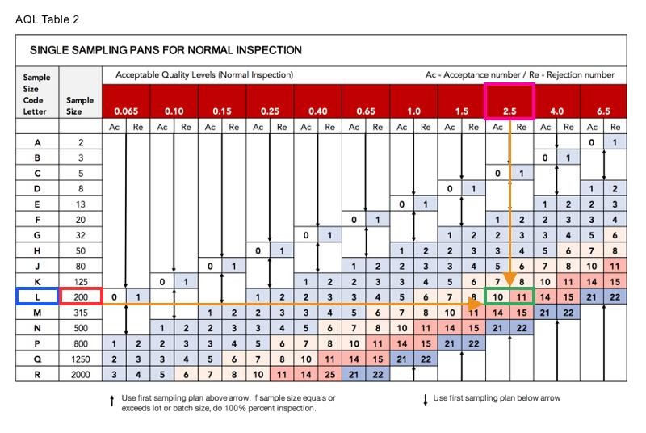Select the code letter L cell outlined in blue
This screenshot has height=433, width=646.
[37, 297]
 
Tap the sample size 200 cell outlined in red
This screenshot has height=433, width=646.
[80, 297]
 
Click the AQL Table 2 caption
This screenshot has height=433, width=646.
[47, 19]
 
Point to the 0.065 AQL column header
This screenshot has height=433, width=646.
[126, 111]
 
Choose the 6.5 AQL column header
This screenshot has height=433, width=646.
[604, 111]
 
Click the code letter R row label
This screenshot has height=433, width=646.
[37, 374]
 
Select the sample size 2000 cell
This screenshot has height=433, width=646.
[80, 374]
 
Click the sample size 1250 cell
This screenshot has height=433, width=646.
[80, 359]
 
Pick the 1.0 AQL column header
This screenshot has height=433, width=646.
[413, 111]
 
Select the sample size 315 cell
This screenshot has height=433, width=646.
[80, 313]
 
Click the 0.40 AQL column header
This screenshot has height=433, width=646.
[317, 111]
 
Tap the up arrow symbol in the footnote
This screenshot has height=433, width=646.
[111, 401]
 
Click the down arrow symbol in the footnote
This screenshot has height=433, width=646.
[426, 399]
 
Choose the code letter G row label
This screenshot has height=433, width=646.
[37, 235]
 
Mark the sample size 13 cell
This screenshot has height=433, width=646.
[80, 204]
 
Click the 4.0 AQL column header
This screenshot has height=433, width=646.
[557, 111]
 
